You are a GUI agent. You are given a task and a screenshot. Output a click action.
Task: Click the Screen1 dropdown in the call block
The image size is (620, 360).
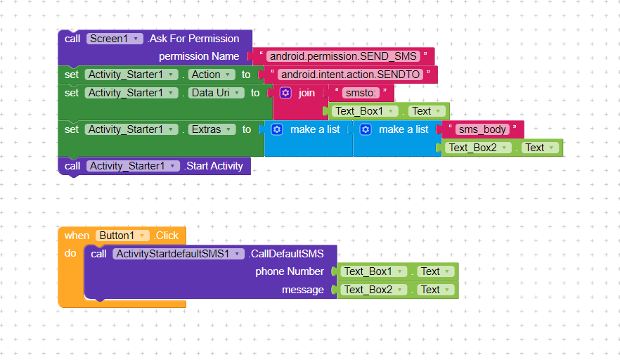(115, 39)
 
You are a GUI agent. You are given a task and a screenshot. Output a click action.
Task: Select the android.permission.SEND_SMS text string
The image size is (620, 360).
(344, 56)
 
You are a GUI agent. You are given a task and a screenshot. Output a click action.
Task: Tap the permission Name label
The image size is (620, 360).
(199, 56)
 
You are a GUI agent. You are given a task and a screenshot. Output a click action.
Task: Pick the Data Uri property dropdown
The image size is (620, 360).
(216, 93)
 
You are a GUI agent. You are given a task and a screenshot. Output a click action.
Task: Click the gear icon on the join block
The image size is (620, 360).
(285, 93)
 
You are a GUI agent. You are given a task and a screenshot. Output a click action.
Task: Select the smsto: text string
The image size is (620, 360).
(361, 93)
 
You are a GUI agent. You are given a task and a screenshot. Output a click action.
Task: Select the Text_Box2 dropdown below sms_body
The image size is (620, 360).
(478, 148)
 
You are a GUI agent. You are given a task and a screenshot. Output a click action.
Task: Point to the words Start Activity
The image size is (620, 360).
(213, 166)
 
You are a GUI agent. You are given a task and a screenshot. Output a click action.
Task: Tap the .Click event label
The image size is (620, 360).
(167, 236)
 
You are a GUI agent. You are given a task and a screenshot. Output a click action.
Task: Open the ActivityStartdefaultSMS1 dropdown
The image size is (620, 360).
(179, 254)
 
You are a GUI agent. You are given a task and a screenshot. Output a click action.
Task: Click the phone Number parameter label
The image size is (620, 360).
(290, 271)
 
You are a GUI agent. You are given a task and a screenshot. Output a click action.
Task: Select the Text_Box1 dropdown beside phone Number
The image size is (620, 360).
(373, 271)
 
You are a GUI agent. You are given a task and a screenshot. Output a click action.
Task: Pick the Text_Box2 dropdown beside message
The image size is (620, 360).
(373, 290)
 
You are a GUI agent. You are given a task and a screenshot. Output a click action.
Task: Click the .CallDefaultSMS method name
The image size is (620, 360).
(286, 254)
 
